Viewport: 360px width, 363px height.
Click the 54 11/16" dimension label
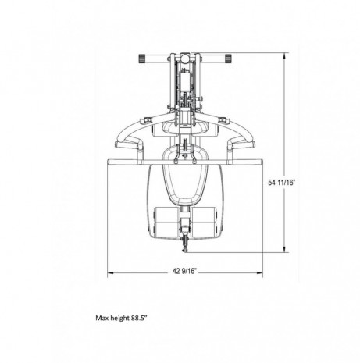click(x=282, y=183)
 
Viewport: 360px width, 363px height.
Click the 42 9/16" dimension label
click(x=184, y=272)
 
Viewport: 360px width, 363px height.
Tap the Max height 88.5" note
click(x=122, y=318)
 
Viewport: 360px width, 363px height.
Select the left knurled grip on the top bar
click(x=141, y=59)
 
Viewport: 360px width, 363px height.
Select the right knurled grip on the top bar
click(x=228, y=59)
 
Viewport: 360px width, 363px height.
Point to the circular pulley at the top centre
click(x=185, y=59)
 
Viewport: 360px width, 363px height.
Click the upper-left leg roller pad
click(x=166, y=215)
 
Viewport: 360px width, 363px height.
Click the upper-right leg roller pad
click(x=204, y=215)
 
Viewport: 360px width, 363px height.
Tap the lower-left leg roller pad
click(x=166, y=230)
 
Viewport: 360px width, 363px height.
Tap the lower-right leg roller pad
click(x=204, y=230)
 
